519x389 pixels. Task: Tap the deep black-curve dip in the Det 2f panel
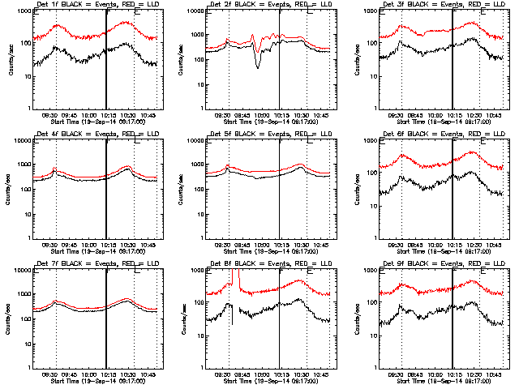click(x=258, y=66)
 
